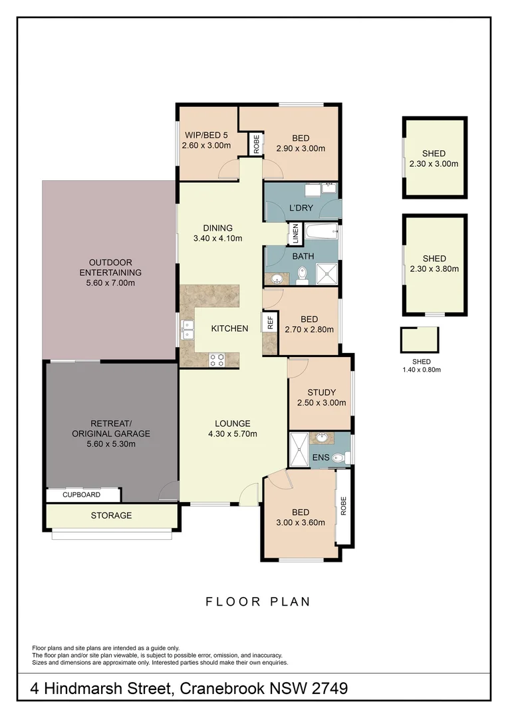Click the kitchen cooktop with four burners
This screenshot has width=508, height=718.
click(216, 359)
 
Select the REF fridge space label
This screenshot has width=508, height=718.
click(270, 323)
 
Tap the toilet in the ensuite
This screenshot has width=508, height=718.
click(340, 457)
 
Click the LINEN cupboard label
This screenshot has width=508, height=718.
click(295, 234)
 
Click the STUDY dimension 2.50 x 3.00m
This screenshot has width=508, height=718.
click(321, 403)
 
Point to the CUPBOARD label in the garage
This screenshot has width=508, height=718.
click(82, 495)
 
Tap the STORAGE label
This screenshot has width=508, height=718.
click(111, 515)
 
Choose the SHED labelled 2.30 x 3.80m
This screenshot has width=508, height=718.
click(434, 264)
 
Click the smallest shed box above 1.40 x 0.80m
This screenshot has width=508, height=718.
click(420, 340)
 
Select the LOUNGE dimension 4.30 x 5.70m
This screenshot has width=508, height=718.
click(232, 434)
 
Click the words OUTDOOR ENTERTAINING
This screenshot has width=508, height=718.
click(110, 267)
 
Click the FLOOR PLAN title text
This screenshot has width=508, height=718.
click(258, 602)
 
